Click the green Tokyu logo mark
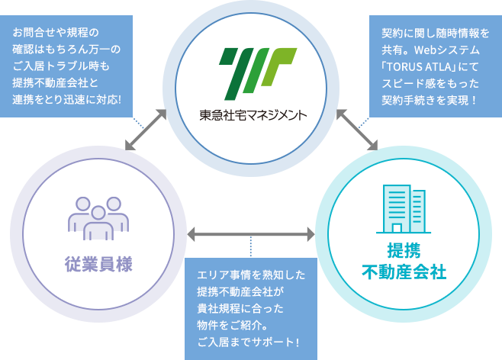250,71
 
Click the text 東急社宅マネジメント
250,116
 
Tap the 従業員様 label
98,264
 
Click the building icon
403,207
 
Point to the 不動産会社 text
403,272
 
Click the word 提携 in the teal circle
403,251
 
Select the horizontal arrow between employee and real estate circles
250,232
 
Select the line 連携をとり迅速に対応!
67,99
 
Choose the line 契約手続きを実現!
431,99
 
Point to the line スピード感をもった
431,82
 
